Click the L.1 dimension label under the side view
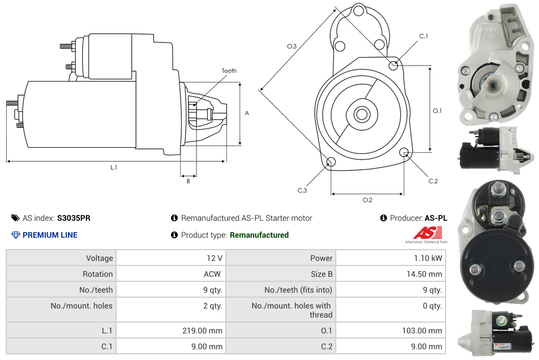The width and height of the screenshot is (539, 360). tap(114, 168)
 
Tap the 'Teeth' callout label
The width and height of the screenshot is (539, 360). tap(229, 71)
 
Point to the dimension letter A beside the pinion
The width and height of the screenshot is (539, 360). tap(247, 113)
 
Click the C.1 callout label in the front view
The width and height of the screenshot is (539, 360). tap(423, 36)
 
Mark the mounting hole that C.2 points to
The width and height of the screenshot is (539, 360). tap(404, 152)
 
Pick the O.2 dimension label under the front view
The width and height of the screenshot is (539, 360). tap(367, 200)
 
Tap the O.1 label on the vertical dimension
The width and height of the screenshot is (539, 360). tap(437, 110)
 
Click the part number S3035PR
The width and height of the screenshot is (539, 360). tap(74, 218)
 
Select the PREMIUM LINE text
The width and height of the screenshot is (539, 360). tap(50, 235)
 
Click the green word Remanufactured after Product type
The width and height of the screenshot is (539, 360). tap(259, 235)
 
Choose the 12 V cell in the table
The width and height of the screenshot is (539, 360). tap(215, 258)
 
